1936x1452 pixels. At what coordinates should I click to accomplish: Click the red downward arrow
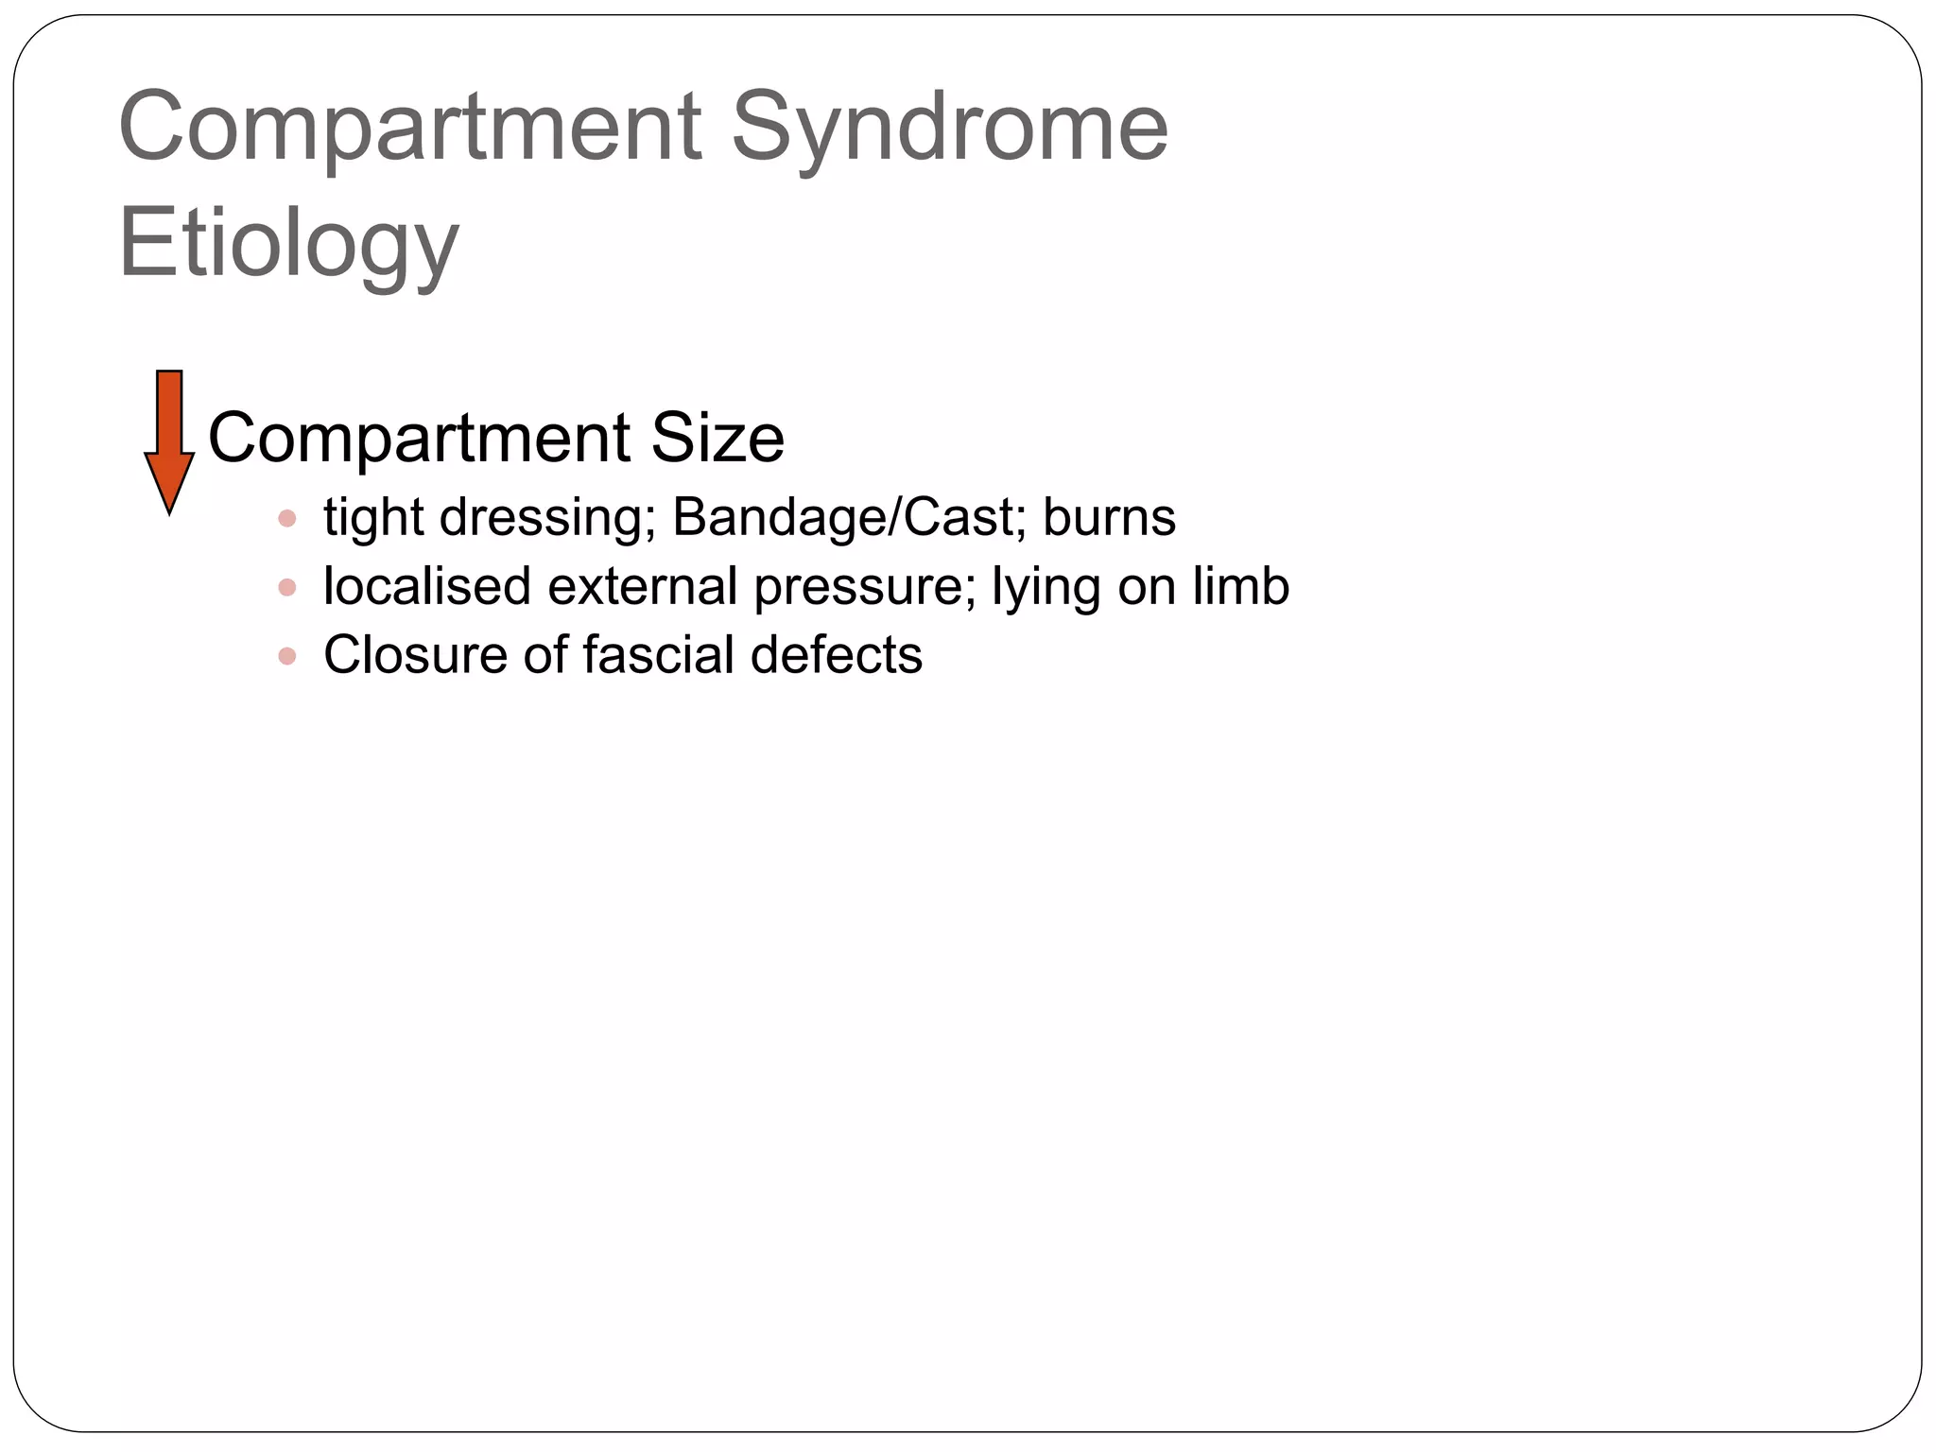(x=169, y=441)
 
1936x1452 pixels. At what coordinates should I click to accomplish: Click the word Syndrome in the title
(x=949, y=128)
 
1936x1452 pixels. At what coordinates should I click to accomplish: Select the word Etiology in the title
(x=288, y=244)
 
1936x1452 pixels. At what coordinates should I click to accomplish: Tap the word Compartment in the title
(x=409, y=128)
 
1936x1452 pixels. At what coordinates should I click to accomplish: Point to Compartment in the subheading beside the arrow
(x=420, y=440)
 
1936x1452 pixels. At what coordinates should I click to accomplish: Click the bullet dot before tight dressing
(x=287, y=519)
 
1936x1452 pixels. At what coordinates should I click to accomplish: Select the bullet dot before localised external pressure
(x=287, y=588)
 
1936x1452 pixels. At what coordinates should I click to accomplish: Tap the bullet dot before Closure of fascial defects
(x=287, y=656)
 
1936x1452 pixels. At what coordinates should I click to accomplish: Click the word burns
(x=1109, y=518)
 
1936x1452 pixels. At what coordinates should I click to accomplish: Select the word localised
(x=427, y=586)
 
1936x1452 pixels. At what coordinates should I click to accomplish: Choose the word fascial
(x=658, y=655)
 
